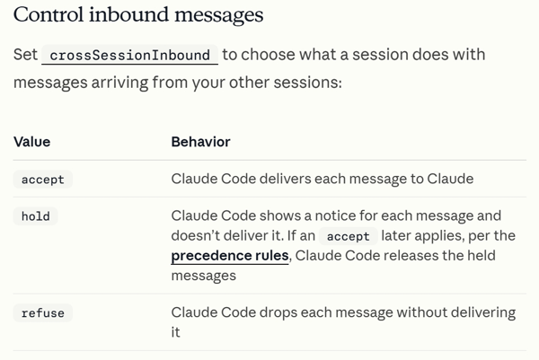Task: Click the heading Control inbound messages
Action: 138,14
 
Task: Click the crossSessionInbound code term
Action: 129,55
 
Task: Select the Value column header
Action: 32,142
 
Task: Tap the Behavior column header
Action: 200,142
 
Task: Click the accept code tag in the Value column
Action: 43,180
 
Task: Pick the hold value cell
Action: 35,216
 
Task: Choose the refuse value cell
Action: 43,313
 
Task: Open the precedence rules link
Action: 230,256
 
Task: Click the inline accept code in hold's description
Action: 349,236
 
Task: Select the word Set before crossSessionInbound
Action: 25,55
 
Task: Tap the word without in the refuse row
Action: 421,312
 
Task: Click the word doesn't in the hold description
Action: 193,235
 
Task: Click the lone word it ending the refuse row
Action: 175,332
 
